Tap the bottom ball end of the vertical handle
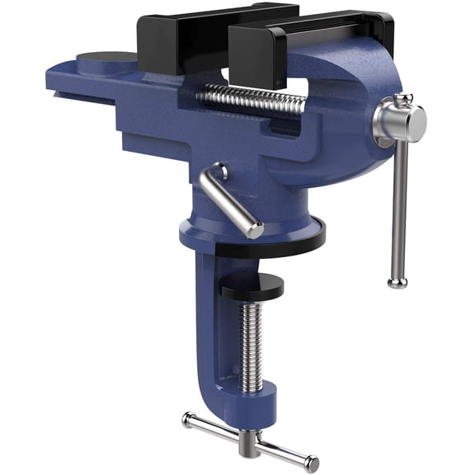click(x=397, y=282)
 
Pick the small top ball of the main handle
click(x=402, y=99)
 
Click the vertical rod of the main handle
click(x=398, y=206)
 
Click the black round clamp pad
click(x=251, y=286)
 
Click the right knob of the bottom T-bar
click(x=311, y=463)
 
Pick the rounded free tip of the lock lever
click(x=256, y=231)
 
